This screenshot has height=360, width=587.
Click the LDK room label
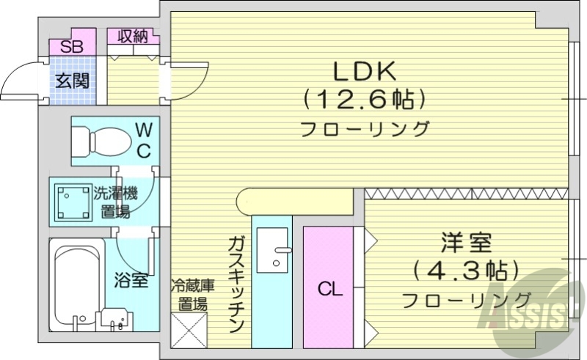click(365, 71)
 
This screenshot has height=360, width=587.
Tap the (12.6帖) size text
click(364, 98)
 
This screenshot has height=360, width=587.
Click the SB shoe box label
click(72, 46)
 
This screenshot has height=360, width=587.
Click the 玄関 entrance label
click(73, 80)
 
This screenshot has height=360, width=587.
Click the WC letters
click(145, 141)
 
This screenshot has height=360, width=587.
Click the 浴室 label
click(131, 279)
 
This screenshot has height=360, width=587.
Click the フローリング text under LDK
click(365, 129)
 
